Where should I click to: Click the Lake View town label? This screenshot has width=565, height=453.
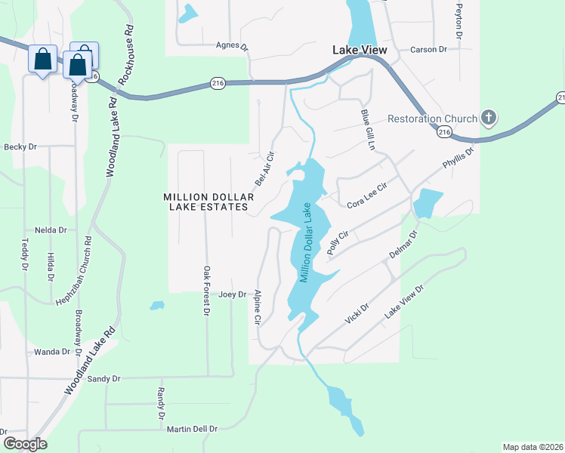pos(360,50)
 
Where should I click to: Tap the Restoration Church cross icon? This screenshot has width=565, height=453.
pos(489,118)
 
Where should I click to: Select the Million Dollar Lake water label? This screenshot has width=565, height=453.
pos(306,243)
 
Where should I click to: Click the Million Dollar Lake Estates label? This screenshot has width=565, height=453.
pos(206,202)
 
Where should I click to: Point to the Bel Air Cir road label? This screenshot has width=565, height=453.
pos(264,168)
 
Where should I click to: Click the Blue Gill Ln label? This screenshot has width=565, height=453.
pos(368,128)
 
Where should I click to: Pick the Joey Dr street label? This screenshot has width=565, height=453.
pos(232,294)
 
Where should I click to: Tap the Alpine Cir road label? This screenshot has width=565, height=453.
pos(258,308)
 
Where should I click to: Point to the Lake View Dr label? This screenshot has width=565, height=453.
pos(405,301)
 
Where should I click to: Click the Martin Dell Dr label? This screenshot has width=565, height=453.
pos(193,429)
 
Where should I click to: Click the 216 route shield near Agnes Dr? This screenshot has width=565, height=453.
pos(218,84)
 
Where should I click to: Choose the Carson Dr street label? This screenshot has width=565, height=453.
pos(429,50)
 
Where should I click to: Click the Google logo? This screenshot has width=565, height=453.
pos(24,444)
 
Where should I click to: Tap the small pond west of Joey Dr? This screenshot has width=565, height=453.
pos(157,306)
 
